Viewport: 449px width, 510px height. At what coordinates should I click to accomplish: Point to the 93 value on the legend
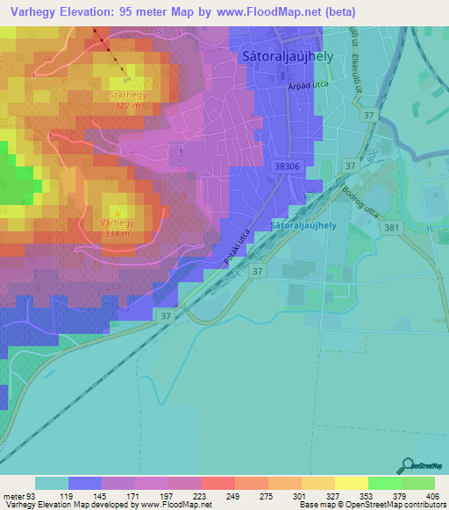33,495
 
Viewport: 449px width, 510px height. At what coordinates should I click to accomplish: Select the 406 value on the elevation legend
434,495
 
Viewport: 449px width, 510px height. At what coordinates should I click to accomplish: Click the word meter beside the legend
14,495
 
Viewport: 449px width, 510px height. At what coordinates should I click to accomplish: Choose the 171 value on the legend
134,495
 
